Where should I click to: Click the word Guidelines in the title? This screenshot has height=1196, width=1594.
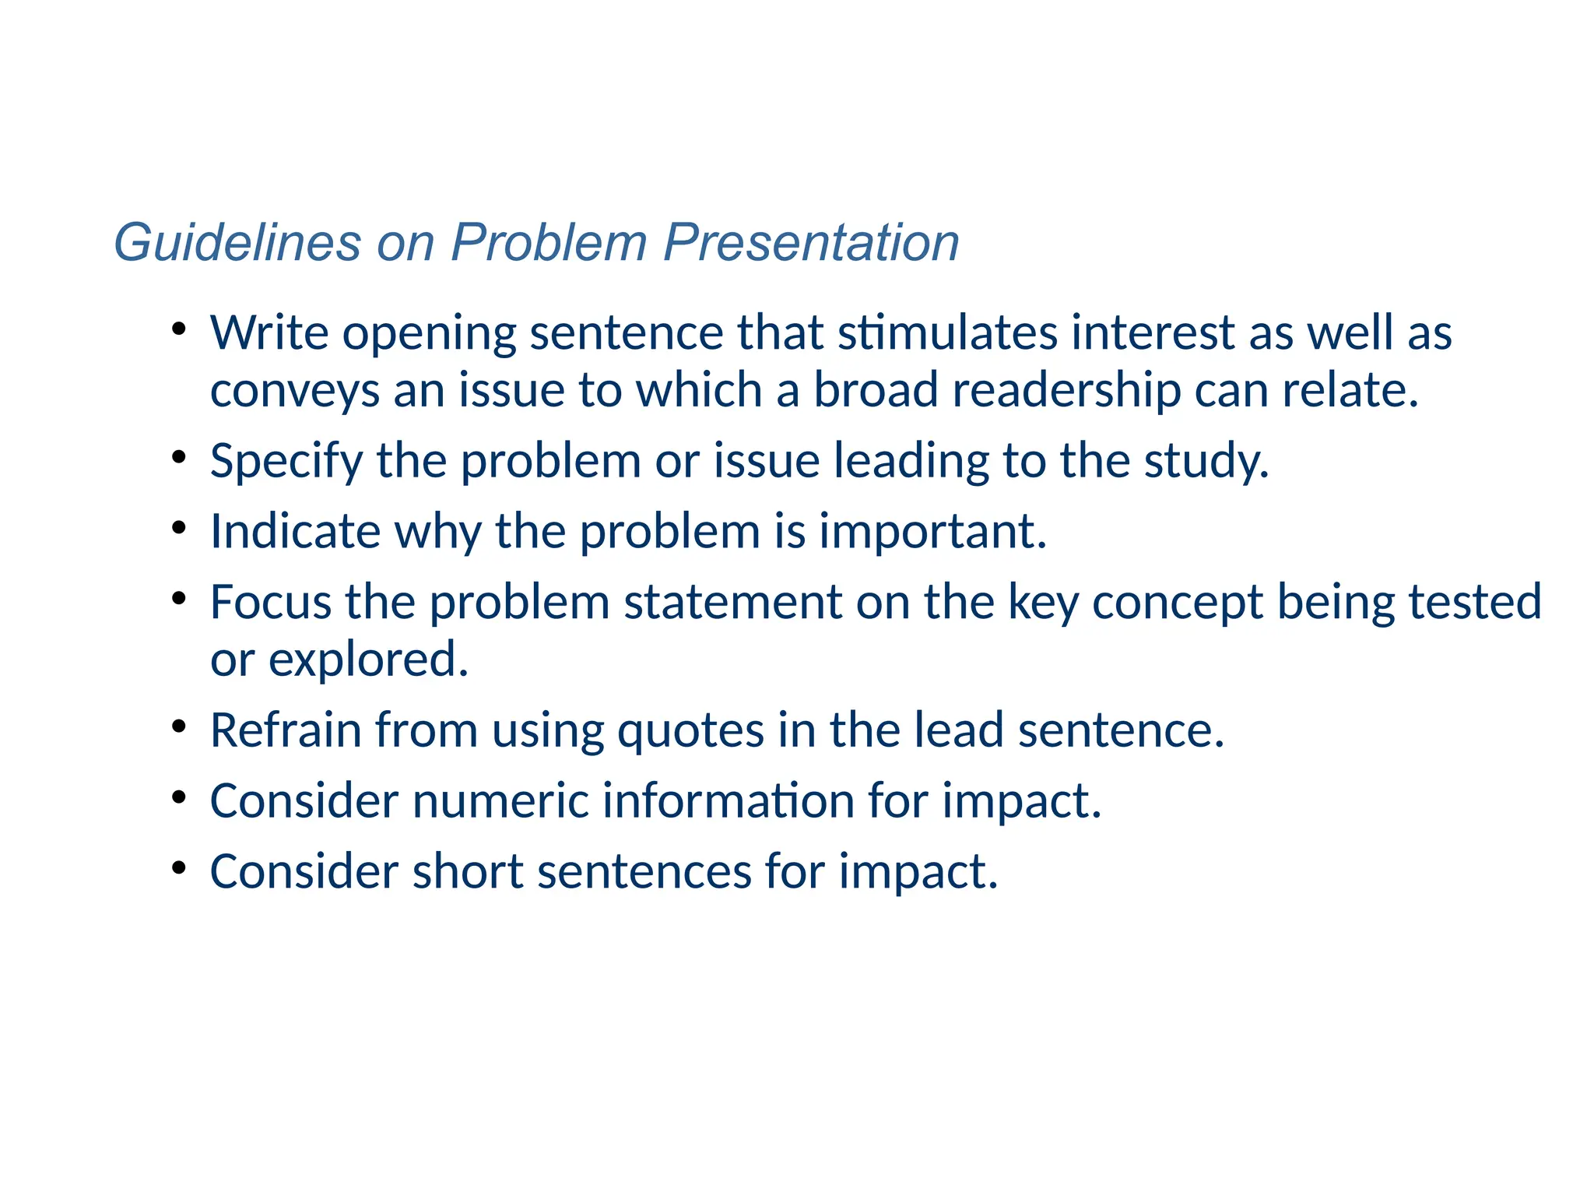(237, 242)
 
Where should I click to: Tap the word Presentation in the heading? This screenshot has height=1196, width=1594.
(811, 242)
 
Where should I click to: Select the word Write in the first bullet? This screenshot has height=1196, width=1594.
(269, 332)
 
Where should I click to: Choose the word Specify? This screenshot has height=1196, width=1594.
(286, 461)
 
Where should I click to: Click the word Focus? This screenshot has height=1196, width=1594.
(271, 602)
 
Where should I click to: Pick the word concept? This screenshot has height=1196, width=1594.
(1178, 602)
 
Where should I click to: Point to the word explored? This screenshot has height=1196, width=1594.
(367, 660)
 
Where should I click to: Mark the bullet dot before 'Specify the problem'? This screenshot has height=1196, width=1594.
(179, 457)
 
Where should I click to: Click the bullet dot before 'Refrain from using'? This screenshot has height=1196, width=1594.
(179, 726)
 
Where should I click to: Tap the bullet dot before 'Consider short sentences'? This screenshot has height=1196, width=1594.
(179, 867)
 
